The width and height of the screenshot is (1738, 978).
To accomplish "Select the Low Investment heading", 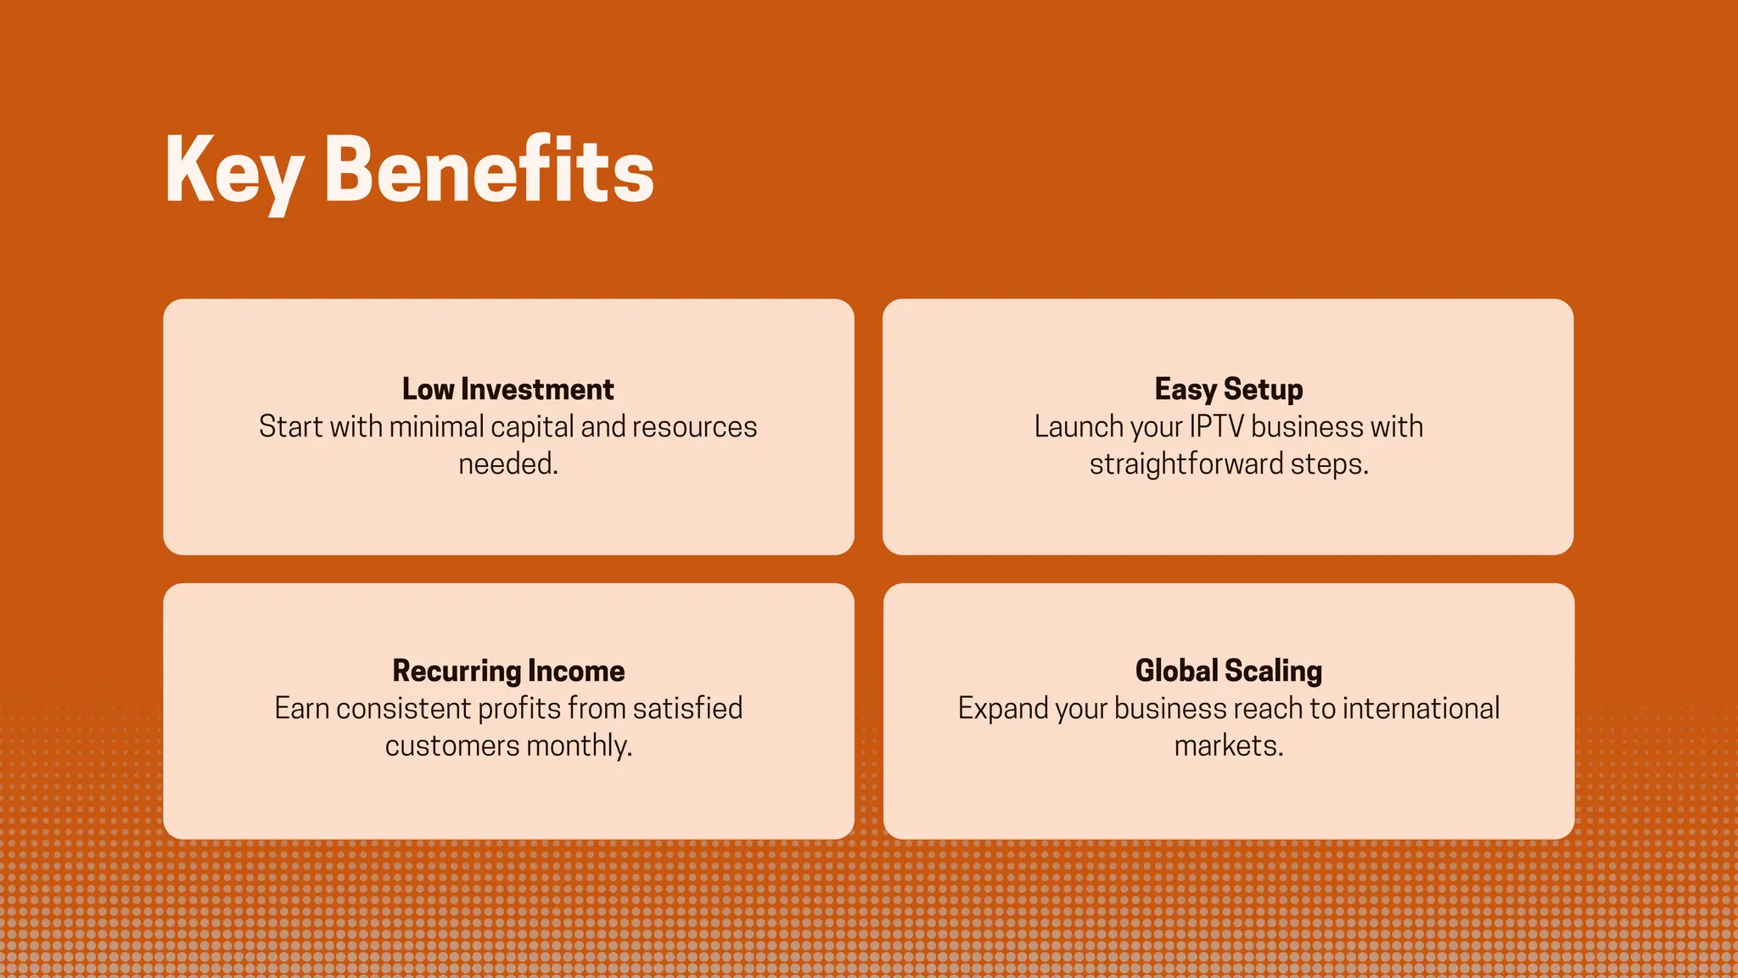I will click(x=507, y=389).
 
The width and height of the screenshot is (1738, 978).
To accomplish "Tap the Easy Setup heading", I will click(x=1228, y=389).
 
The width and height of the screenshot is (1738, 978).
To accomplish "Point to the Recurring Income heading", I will click(x=508, y=671).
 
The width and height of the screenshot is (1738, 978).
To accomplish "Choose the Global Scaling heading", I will click(x=1228, y=671).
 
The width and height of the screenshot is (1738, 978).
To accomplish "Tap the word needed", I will click(x=507, y=464).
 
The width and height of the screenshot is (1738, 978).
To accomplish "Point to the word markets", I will click(x=1228, y=745).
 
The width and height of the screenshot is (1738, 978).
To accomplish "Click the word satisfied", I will click(x=687, y=708).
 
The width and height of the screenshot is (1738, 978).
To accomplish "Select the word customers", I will click(x=451, y=745).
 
